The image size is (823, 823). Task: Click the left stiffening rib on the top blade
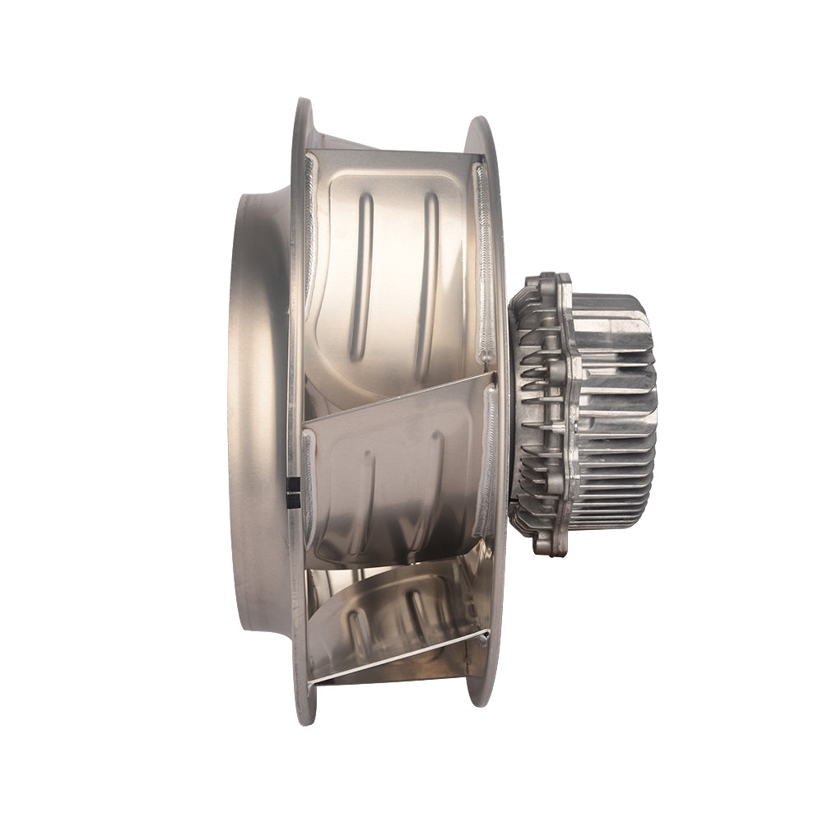click(x=361, y=276)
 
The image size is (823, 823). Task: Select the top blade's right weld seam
click(x=485, y=263)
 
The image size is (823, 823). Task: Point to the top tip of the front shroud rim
click(x=303, y=103)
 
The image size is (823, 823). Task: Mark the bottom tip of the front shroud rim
click(x=305, y=720)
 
